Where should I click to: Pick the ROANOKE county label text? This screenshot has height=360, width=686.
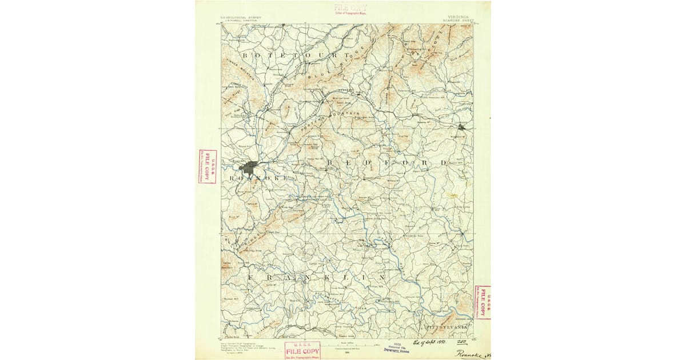click(258, 178)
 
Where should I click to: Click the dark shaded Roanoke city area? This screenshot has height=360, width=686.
click(249, 167)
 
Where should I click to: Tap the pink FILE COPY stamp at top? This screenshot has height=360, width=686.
click(350, 9)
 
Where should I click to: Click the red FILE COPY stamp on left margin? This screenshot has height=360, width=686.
click(208, 166)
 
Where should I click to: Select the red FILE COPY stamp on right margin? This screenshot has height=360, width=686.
click(482, 302)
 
